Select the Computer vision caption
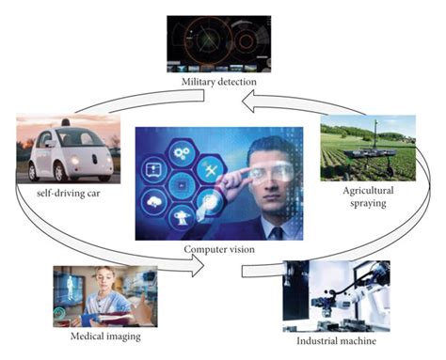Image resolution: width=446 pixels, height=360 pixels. (x=221, y=249)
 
